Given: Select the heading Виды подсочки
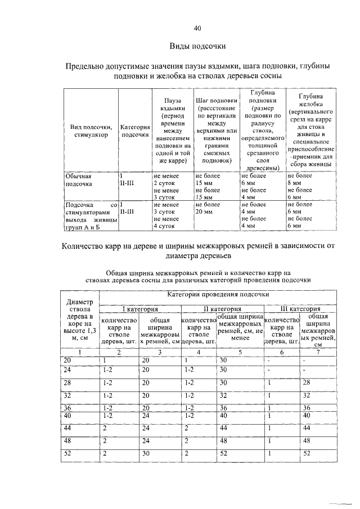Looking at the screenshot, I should tap(197, 46).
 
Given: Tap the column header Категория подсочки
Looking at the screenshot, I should tap(135, 130).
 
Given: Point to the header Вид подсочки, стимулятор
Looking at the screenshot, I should tap(89, 130).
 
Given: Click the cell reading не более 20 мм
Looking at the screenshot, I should tap(208, 209).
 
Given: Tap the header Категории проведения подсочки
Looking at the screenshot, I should tap(218, 295).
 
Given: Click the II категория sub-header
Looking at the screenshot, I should tap(222, 309).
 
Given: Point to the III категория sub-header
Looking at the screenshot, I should tap(300, 309).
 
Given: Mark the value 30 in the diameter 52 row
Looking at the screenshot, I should tap(146, 453).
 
